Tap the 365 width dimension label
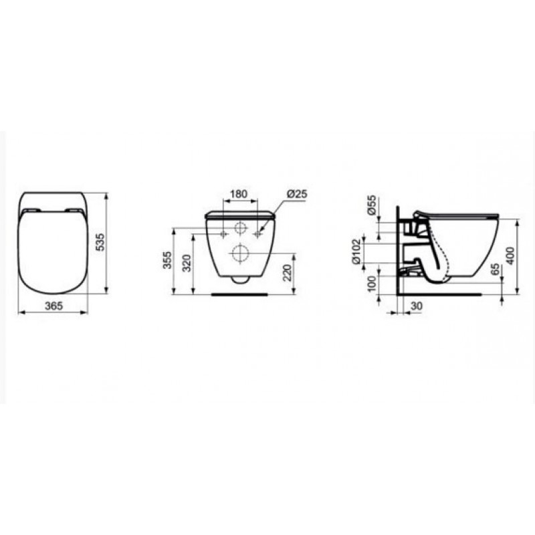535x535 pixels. (54, 306)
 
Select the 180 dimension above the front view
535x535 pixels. (239, 194)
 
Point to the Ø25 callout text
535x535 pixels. (297, 194)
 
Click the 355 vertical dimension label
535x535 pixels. (167, 260)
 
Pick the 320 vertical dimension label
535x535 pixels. (187, 263)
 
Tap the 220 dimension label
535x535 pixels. (288, 273)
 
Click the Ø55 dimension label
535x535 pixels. (372, 205)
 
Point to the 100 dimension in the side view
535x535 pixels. (372, 284)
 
